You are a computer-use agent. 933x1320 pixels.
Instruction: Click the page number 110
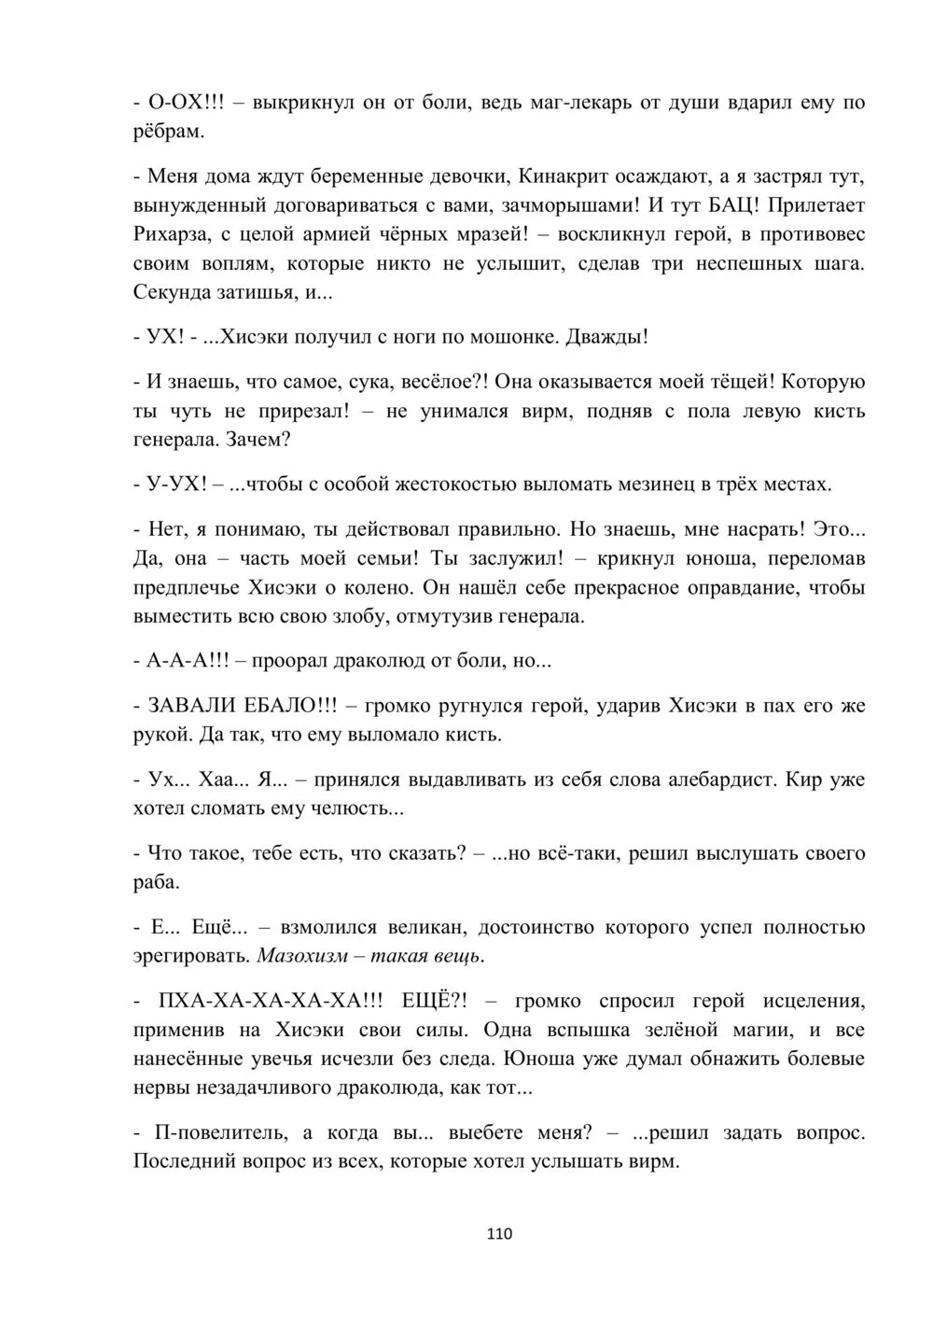499,1234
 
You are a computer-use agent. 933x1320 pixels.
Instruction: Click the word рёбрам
168,131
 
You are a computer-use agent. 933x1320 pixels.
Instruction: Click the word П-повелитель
215,1132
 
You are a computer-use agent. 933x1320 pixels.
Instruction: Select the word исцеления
811,1001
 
